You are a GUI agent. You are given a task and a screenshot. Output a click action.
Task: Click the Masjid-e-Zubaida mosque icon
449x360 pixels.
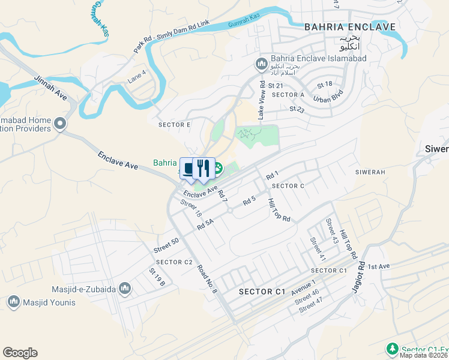click(x=125, y=289)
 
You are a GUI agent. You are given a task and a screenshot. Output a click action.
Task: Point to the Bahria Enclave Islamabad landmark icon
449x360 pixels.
click(x=261, y=63)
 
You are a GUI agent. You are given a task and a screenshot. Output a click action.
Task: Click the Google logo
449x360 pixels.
click(x=20, y=353)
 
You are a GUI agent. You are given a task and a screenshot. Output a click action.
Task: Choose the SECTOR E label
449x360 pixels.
click(x=174, y=125)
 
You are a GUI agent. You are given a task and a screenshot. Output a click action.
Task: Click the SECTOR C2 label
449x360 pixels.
click(x=174, y=262)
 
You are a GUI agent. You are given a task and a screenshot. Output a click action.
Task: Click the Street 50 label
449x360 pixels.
click(x=166, y=245)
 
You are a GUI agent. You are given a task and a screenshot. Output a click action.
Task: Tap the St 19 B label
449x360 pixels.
click(x=157, y=277)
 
